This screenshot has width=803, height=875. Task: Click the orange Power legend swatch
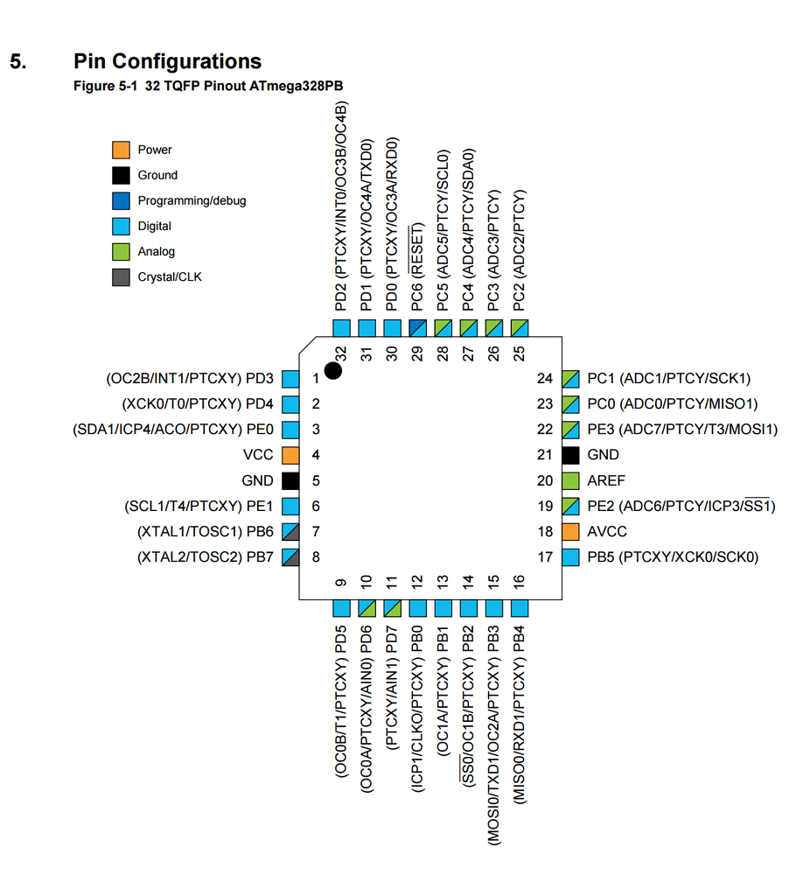pyautogui.click(x=121, y=150)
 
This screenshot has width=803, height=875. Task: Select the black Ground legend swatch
pyautogui.click(x=121, y=175)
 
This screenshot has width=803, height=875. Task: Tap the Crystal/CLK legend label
pyautogui.click(x=170, y=276)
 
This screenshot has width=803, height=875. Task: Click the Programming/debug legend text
pyautogui.click(x=192, y=200)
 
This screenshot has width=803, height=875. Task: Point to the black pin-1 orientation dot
pyautogui.click(x=332, y=370)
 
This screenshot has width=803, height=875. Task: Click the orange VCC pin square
pyautogui.click(x=290, y=455)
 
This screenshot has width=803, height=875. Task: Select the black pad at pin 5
pyautogui.click(x=290, y=481)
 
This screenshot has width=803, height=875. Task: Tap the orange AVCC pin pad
pyautogui.click(x=570, y=532)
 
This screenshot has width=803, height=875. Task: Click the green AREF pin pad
pyautogui.click(x=570, y=481)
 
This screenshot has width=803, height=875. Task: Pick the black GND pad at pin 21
pyautogui.click(x=570, y=455)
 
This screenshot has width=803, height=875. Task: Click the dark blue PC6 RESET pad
pyautogui.click(x=417, y=328)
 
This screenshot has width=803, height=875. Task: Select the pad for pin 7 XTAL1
pyautogui.click(x=290, y=532)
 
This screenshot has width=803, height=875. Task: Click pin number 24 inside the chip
pyautogui.click(x=545, y=378)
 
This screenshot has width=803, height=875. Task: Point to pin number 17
pyautogui.click(x=545, y=556)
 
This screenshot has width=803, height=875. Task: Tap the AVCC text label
pyautogui.click(x=606, y=532)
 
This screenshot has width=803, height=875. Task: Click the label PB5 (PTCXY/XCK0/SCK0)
pyautogui.click(x=673, y=556)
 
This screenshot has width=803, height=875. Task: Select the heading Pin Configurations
pyautogui.click(x=167, y=61)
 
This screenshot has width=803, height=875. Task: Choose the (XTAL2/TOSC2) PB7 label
pyautogui.click(x=206, y=556)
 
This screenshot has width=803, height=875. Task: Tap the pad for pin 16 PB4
pyautogui.click(x=519, y=608)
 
